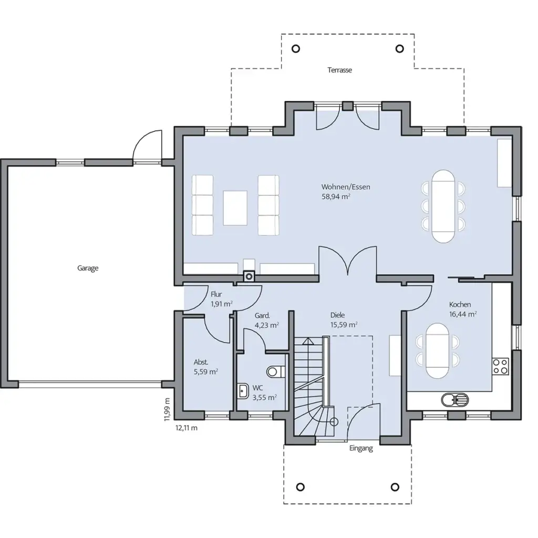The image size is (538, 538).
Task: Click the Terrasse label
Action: click(x=339, y=70)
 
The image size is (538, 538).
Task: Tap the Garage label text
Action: click(x=88, y=268)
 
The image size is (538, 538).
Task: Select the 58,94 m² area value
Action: click(x=336, y=196)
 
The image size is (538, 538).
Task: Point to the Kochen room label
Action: click(x=460, y=304)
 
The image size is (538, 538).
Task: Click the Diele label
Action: click(x=337, y=315)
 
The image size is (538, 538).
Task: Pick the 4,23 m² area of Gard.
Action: click(x=266, y=325)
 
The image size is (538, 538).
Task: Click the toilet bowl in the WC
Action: click(x=275, y=371)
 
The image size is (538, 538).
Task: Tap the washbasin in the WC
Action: click(x=243, y=391)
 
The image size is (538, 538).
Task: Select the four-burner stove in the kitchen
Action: click(x=500, y=366)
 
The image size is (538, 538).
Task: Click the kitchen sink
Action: click(x=454, y=400)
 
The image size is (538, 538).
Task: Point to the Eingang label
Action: click(x=361, y=449)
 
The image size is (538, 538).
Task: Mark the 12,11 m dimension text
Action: click(x=187, y=428)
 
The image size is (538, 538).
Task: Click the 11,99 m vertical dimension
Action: click(x=167, y=409)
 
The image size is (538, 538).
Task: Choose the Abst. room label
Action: click(x=201, y=362)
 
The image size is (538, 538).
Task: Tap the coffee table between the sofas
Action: click(x=235, y=208)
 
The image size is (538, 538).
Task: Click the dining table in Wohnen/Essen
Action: click(x=443, y=206)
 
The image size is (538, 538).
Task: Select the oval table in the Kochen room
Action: click(x=437, y=350)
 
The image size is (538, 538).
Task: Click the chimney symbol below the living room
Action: click(x=249, y=276)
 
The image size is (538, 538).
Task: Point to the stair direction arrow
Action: click(x=308, y=340)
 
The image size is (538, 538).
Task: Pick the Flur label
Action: click(x=216, y=294)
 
